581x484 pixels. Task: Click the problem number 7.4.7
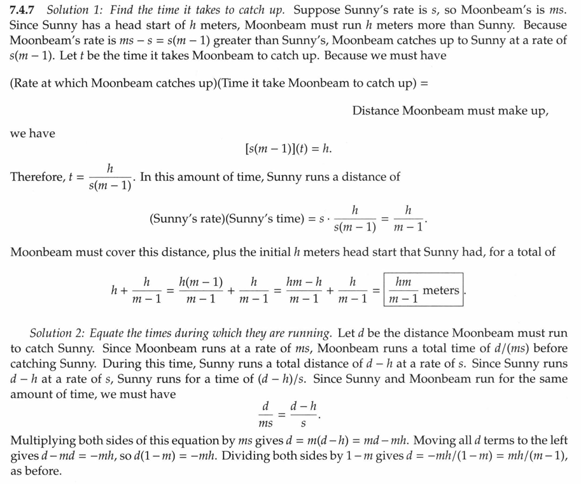click(x=25, y=11)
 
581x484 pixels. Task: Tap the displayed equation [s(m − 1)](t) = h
click(x=288, y=148)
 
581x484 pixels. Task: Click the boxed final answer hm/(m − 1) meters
click(x=424, y=290)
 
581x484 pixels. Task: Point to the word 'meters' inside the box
click(x=440, y=290)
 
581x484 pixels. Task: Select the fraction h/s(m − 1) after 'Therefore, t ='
click(x=110, y=178)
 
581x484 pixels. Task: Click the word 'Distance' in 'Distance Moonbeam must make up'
click(x=376, y=110)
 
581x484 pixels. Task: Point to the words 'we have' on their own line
click(x=32, y=133)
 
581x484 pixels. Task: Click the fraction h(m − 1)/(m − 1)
click(x=201, y=290)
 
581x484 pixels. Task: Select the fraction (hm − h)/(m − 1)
click(x=305, y=290)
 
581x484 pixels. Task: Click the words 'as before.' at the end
click(x=36, y=471)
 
